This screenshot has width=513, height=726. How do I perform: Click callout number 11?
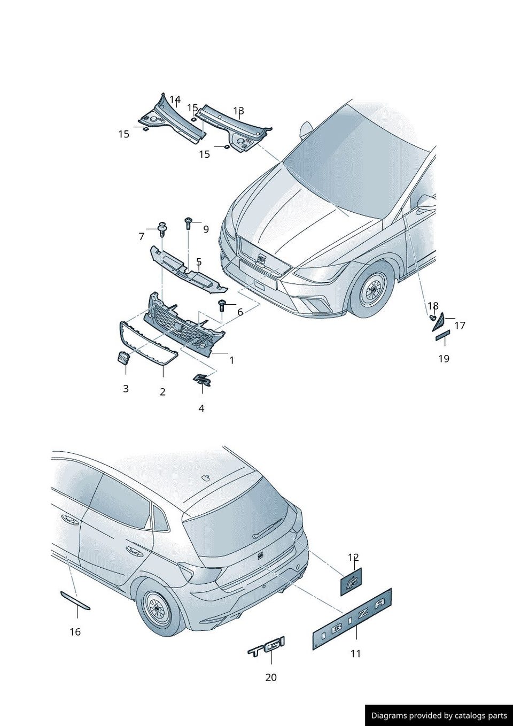(x=355, y=654)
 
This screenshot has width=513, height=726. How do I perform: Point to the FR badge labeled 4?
(x=202, y=380)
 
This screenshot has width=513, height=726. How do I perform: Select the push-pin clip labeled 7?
(x=162, y=229)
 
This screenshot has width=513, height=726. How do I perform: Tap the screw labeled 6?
(x=222, y=305)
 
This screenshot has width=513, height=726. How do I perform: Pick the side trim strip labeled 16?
(x=75, y=600)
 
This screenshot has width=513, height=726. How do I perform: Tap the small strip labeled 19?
(x=443, y=335)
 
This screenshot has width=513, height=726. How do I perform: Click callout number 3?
(x=126, y=389)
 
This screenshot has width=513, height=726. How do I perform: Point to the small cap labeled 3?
(x=123, y=358)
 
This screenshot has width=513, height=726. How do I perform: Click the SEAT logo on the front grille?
(x=261, y=258)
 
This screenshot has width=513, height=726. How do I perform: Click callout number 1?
(x=231, y=360)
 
